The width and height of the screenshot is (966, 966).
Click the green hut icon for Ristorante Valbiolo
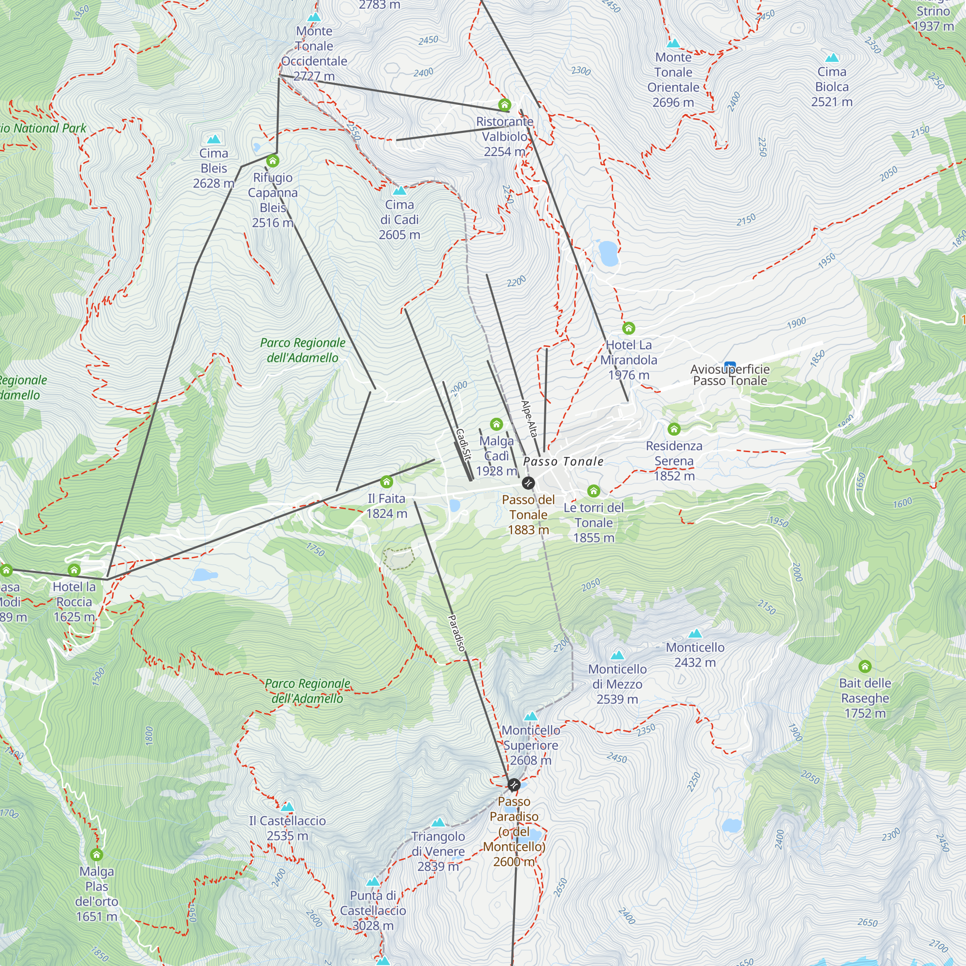click(505, 105)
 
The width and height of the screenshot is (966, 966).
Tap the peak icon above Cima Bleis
click(214, 139)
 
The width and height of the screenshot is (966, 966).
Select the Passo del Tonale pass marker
click(528, 483)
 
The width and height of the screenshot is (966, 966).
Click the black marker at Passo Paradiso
click(513, 785)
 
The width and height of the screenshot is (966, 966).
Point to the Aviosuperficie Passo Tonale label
click(729, 375)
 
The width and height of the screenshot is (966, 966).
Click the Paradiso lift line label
click(456, 633)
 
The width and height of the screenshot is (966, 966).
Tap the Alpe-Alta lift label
click(529, 419)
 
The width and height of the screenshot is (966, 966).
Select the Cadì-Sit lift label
click(464, 444)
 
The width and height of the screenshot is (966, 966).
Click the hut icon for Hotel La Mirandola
click(628, 328)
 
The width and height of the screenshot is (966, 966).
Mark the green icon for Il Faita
click(386, 482)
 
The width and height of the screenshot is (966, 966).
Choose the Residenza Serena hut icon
click(674, 429)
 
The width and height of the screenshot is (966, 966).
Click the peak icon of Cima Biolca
click(832, 57)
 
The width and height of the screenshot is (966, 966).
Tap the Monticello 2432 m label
click(695, 654)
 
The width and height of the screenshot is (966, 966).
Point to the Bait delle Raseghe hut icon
click(865, 667)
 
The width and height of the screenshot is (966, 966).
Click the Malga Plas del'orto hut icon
click(97, 854)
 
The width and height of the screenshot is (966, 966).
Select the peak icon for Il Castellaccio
click(287, 807)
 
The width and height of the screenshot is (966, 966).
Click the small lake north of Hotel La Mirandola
click(609, 253)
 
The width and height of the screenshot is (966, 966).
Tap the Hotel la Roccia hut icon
click(74, 570)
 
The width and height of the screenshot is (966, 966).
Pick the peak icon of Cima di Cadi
click(399, 190)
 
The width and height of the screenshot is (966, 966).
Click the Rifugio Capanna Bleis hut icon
click(272, 161)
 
